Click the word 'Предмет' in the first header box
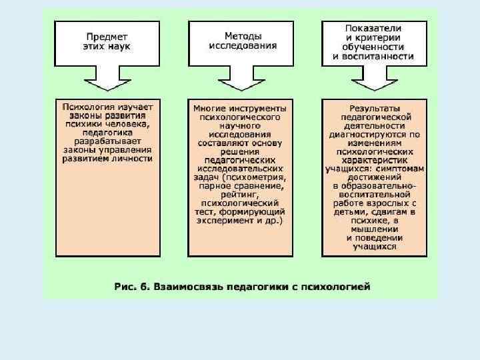tap(107, 37)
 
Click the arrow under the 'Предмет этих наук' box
tap(107, 81)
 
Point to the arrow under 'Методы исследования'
tap(240, 81)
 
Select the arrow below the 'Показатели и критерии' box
tap(373, 81)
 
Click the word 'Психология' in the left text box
tap(85, 107)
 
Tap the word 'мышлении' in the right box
tap(374, 229)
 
